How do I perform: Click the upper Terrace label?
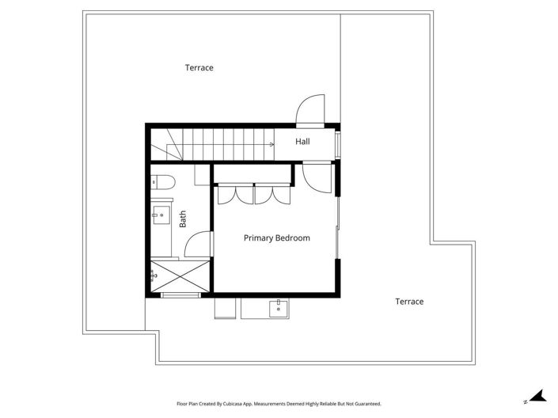(199, 68)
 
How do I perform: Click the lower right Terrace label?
(409, 302)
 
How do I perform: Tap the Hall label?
(302, 142)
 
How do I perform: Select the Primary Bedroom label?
(276, 237)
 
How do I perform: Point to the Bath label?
(183, 218)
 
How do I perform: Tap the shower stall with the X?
(180, 275)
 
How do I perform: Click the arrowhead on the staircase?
(271, 145)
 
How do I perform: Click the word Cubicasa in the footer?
(237, 404)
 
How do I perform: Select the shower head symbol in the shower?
(153, 275)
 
